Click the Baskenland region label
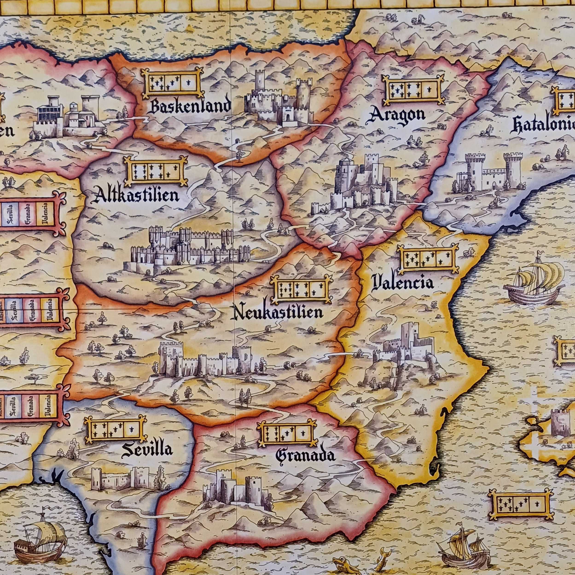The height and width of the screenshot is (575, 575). click(x=190, y=107)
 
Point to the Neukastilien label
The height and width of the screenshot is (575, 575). click(x=279, y=313)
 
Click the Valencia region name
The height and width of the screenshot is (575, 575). click(x=403, y=282)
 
